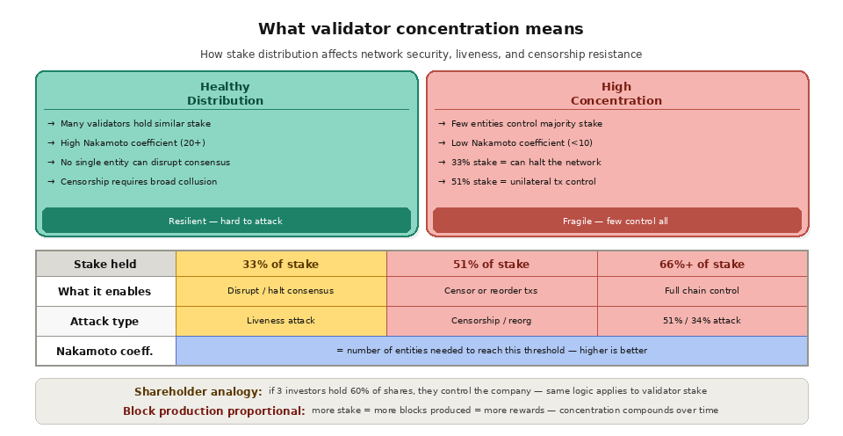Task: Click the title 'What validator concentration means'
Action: pyautogui.click(x=421, y=29)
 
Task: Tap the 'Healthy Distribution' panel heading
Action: pyautogui.click(x=225, y=93)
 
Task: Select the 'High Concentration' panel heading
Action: pyautogui.click(x=616, y=93)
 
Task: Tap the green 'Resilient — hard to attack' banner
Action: pyautogui.click(x=226, y=221)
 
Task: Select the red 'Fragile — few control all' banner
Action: pyautogui.click(x=616, y=221)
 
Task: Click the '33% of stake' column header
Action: pyautogui.click(x=281, y=265)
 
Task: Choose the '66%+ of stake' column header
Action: pyautogui.click(x=702, y=265)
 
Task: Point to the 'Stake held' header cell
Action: pyautogui.click(x=105, y=265)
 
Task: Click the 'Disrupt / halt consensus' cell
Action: pyautogui.click(x=281, y=291)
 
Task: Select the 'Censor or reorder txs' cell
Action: pyautogui.click(x=491, y=291)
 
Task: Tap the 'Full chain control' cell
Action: pyautogui.click(x=702, y=291)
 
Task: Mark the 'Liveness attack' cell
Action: pyautogui.click(x=281, y=321)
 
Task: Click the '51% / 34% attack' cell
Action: pyautogui.click(x=702, y=321)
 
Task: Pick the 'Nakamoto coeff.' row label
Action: pyautogui.click(x=104, y=351)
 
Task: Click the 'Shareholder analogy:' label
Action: pyautogui.click(x=198, y=392)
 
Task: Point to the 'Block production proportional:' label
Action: pyautogui.click(x=214, y=411)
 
